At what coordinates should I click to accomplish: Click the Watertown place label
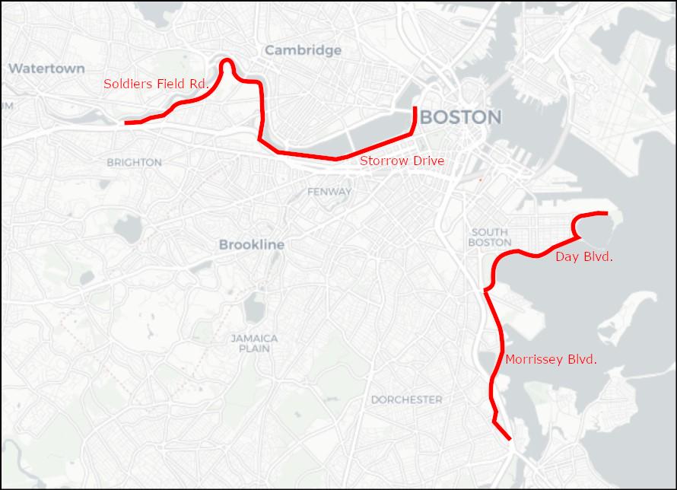(x=46, y=68)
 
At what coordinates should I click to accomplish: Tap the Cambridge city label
(x=303, y=50)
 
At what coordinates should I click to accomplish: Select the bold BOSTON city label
(x=460, y=117)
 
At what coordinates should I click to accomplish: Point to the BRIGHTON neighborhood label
(x=134, y=162)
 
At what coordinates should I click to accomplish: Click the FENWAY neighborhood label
(x=329, y=192)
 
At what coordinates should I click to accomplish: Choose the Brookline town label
(x=251, y=244)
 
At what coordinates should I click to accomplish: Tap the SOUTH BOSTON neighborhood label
(x=490, y=237)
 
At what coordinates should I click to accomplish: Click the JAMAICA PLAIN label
(x=255, y=343)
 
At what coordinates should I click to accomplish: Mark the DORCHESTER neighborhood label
(x=406, y=399)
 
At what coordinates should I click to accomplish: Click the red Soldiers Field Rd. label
(x=156, y=84)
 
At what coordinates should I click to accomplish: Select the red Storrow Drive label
(x=402, y=161)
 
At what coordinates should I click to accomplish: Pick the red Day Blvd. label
(x=584, y=256)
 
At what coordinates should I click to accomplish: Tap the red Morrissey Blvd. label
(x=551, y=359)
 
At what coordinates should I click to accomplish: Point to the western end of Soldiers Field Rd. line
(x=126, y=123)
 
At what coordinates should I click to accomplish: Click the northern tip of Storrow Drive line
(x=415, y=109)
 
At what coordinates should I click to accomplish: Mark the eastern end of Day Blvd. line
(x=606, y=213)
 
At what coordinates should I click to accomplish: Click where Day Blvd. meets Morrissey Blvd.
(x=486, y=289)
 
